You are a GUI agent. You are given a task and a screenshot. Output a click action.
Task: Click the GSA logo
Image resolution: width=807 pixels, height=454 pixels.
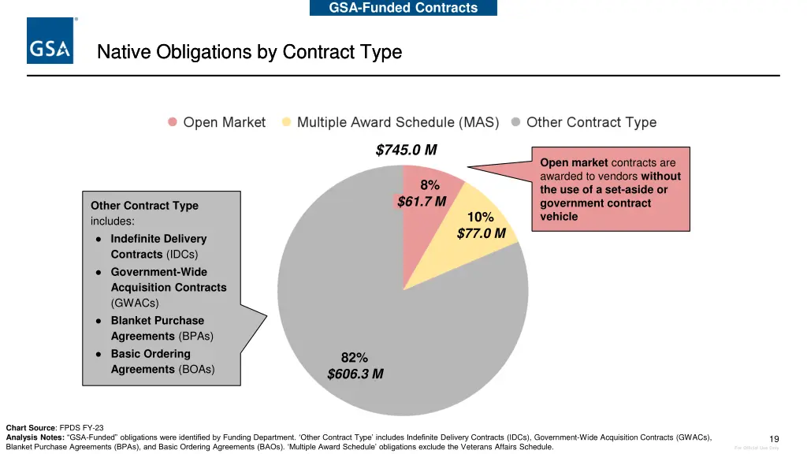[x=50, y=41]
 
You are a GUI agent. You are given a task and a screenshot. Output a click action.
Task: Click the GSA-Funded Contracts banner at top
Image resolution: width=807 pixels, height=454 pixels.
[x=403, y=8]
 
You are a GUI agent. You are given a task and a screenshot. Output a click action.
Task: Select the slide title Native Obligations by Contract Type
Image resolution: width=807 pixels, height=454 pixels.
[x=249, y=52]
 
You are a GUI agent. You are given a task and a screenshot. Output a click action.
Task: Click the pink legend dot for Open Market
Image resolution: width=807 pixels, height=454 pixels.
[x=173, y=122]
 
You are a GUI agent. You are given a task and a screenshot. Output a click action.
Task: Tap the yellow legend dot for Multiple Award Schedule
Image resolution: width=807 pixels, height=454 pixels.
[x=286, y=122]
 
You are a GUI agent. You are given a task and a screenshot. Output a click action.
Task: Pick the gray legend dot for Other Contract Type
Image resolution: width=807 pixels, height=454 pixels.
[x=515, y=122]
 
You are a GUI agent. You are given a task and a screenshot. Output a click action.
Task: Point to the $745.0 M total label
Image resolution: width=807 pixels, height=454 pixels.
[x=406, y=150]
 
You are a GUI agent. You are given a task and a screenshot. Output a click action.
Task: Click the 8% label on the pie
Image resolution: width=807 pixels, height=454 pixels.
[x=430, y=185]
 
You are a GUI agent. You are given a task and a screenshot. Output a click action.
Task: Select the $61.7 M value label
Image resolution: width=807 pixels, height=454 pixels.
[x=422, y=202]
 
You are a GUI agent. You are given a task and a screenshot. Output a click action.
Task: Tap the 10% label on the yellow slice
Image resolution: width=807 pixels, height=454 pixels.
[x=480, y=218]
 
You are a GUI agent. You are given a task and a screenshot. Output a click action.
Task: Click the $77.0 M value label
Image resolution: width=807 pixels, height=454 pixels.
[x=481, y=233]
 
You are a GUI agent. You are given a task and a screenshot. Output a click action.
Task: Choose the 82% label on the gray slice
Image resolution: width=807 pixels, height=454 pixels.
[x=355, y=358]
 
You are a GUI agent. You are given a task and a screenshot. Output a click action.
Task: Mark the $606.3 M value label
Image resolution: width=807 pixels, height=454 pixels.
[x=355, y=374]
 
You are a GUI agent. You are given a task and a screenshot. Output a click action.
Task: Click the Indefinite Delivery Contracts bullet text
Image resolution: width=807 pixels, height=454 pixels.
[x=158, y=246]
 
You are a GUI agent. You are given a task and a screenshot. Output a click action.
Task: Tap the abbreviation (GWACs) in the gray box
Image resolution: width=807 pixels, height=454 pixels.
[x=135, y=303]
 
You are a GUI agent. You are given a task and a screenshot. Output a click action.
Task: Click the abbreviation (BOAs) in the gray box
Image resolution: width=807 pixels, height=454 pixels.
[x=196, y=369]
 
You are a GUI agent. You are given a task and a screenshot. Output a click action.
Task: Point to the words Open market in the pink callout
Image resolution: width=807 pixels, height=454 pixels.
[x=574, y=162]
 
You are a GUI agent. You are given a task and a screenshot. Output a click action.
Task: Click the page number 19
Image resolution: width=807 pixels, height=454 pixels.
[x=774, y=439]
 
